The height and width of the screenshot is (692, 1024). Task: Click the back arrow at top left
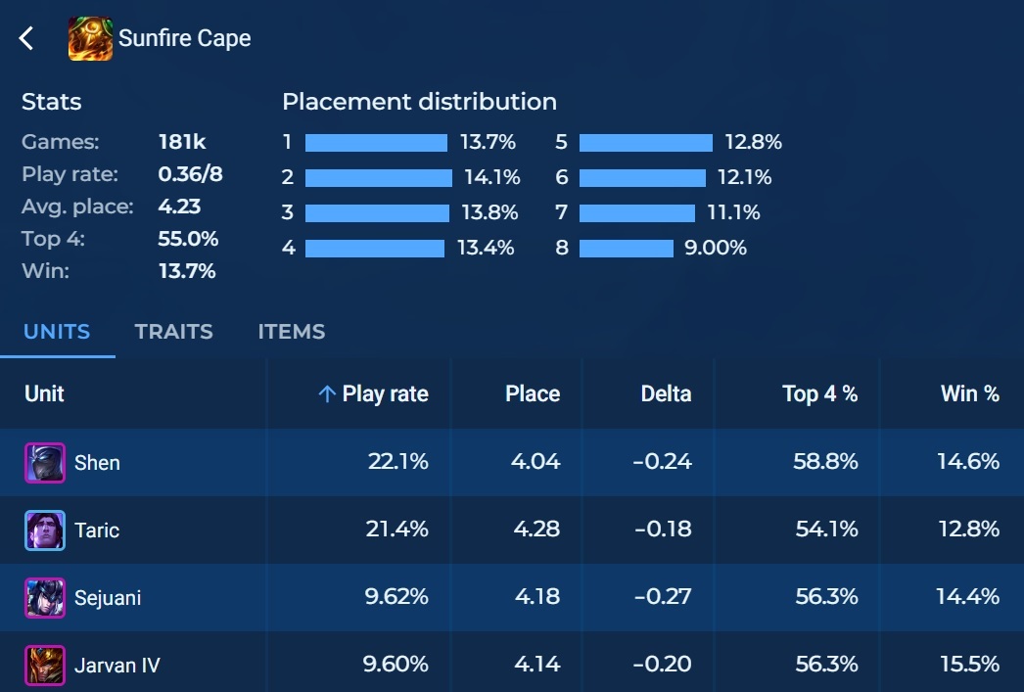[x=26, y=39]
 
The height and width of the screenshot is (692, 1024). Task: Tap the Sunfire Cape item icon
[x=90, y=39]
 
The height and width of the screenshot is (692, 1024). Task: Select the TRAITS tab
[x=173, y=332]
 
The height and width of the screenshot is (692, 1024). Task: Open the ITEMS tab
[x=292, y=332]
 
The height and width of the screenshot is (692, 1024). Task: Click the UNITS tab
[x=57, y=332]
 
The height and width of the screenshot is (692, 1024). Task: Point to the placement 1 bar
[x=376, y=143]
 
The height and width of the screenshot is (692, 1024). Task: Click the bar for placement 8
[x=626, y=249]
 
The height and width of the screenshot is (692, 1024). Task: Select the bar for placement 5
[x=645, y=143]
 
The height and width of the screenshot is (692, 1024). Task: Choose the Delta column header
[x=666, y=394]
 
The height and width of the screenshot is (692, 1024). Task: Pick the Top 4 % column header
[x=819, y=394]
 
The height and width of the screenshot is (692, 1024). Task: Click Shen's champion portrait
[x=45, y=463]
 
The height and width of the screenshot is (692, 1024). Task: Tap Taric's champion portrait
[x=45, y=531]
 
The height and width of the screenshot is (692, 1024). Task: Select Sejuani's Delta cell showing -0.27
[x=662, y=597]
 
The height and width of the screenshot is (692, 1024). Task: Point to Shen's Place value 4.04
[x=535, y=462]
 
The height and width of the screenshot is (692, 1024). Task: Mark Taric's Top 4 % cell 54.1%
[x=824, y=530]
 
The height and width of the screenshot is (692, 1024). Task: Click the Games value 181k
[x=182, y=143]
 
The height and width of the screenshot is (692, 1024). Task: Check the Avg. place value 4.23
[x=179, y=207]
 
